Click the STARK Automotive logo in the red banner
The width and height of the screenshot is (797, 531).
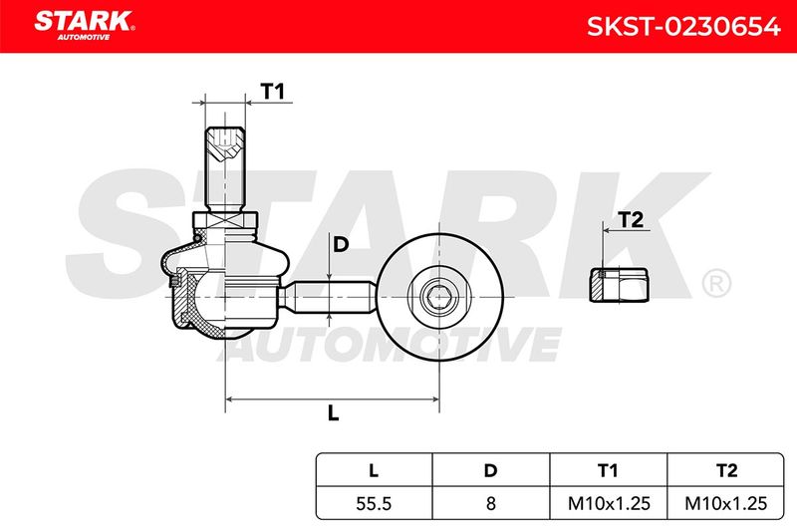85,25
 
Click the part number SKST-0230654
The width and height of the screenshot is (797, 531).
683,27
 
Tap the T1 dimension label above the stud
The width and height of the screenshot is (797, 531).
272,92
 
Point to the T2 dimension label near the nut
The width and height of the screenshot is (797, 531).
631,220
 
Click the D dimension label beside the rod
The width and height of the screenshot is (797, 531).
341,245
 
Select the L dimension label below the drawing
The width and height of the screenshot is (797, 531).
333,413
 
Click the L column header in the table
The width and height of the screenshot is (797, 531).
374,470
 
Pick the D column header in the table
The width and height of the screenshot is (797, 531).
490,470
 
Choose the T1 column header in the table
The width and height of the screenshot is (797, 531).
608,470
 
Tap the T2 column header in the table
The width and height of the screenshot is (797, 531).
726,470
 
